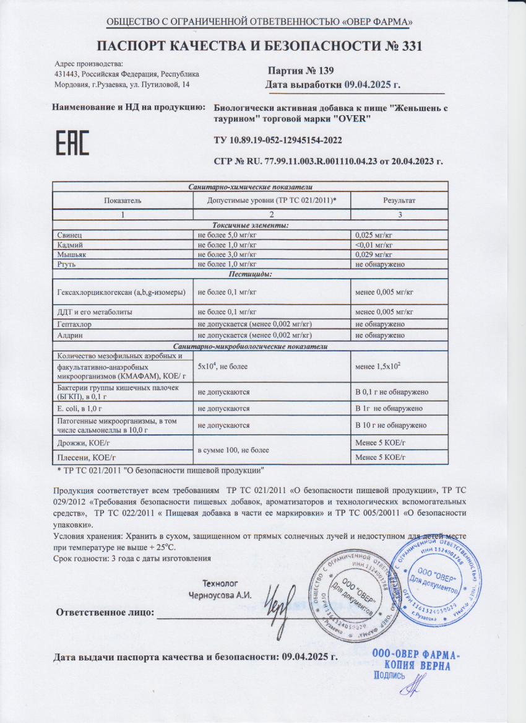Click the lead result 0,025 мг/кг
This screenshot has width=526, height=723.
coord(376,236)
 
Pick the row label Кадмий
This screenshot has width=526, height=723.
coord(69,245)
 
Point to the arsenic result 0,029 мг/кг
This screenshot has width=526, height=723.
coord(376,255)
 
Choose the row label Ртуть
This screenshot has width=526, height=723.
coord(66,264)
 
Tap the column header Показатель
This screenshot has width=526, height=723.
coord(123,200)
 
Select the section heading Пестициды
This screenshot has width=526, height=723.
coord(251,273)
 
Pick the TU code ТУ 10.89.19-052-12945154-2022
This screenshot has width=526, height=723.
coord(278,141)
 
